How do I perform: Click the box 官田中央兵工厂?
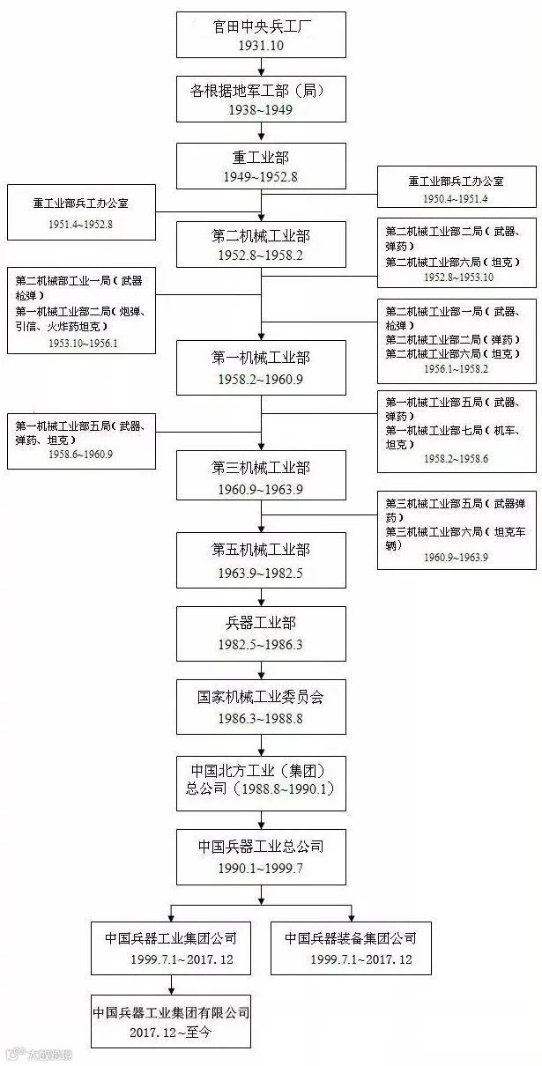point(261,33)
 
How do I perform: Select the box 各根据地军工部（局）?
point(261,99)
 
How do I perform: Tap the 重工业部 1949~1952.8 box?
point(261,167)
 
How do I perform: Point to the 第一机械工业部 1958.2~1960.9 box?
point(261,368)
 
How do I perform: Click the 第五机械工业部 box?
point(261,560)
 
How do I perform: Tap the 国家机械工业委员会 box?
point(261,707)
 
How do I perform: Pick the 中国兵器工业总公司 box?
point(261,857)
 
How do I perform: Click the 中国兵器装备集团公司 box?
point(351,948)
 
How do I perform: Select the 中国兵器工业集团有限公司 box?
point(171,1021)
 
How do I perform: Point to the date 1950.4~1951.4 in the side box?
point(455,199)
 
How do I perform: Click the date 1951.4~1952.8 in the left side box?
point(81,224)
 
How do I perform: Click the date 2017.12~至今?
point(170,1032)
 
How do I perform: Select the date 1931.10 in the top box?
point(261,45)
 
